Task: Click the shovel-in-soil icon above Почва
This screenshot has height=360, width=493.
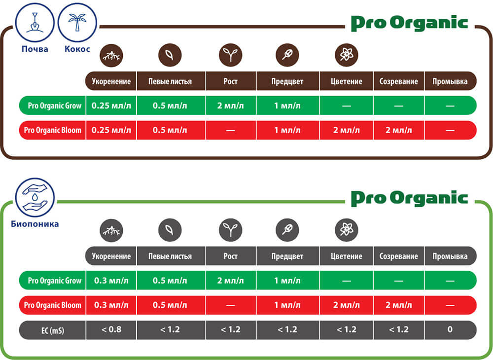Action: [x=35, y=23]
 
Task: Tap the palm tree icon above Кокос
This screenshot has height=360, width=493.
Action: [x=77, y=23]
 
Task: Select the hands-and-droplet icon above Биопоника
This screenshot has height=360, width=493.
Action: [x=35, y=198]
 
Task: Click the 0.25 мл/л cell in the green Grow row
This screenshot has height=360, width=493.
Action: [x=111, y=106]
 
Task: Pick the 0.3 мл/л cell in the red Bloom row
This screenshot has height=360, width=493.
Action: [x=111, y=305]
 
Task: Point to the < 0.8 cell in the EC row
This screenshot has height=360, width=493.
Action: [x=111, y=330]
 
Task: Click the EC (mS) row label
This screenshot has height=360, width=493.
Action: [x=53, y=330]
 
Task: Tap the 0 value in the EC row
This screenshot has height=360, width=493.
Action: [x=450, y=329]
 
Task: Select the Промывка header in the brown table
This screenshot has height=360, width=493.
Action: [x=450, y=81]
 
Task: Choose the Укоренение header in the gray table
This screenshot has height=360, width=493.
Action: [x=111, y=256]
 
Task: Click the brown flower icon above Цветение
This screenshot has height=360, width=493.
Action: [x=347, y=55]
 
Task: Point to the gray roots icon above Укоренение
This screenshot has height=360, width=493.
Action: [x=111, y=230]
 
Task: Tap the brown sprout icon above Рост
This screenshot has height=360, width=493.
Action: [x=230, y=55]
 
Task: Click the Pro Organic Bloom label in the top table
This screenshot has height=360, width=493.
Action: [x=53, y=130]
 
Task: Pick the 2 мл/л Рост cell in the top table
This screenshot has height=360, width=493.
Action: [x=231, y=106]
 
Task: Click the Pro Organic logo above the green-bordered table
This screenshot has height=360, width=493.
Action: [x=409, y=198]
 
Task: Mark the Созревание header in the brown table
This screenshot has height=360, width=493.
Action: [x=399, y=81]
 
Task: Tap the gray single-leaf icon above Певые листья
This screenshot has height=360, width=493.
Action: [x=170, y=230]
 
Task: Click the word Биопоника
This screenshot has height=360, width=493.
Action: [x=35, y=224]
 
